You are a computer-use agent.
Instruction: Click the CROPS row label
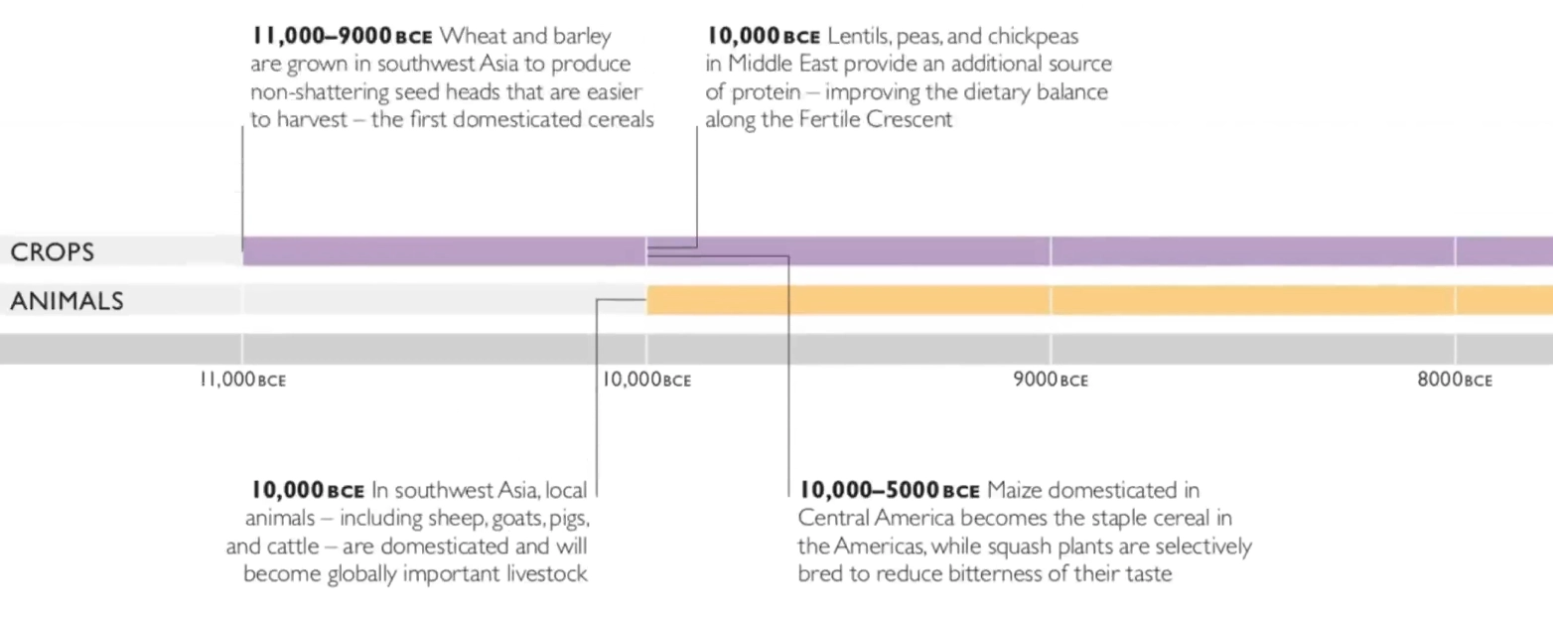52,252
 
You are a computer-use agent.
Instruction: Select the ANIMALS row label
67,301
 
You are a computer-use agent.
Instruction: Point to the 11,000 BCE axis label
242,381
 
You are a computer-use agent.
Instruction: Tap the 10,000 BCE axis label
645,381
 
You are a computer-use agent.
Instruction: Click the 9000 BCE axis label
1051,381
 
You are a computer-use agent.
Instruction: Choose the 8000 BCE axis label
1454,381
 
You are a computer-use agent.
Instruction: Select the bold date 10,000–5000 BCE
890,491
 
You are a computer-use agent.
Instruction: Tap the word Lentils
858,37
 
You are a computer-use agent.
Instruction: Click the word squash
1039,547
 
